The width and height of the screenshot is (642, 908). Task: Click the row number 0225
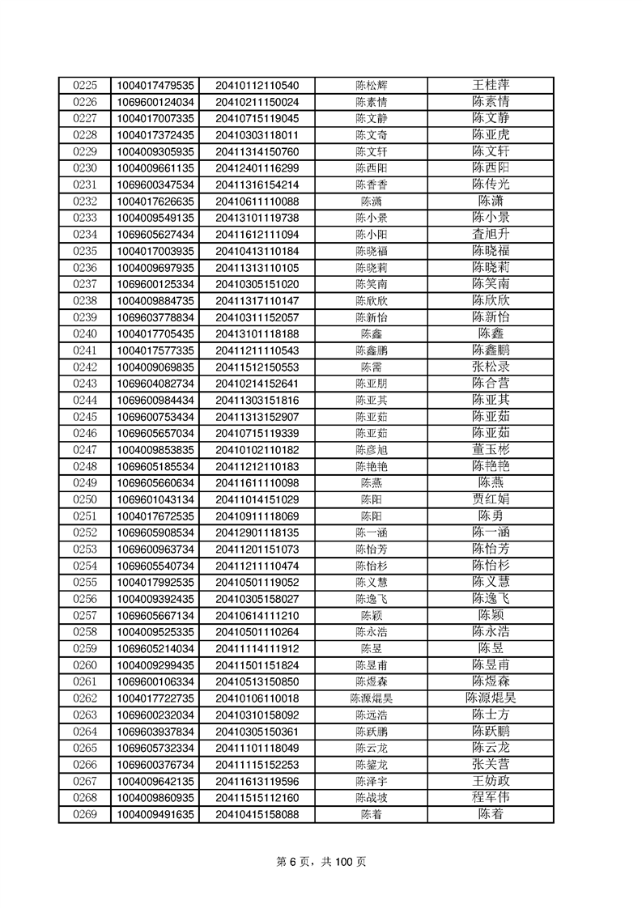coord(84,85)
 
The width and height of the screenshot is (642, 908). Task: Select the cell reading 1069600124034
coord(155,102)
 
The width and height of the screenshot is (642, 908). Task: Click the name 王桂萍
coord(491,85)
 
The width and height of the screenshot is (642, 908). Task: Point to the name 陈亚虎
coord(491,135)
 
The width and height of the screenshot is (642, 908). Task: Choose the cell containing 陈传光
coord(491,185)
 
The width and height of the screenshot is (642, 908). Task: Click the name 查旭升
coord(491,234)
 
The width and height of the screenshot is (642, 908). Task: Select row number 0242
coord(84,367)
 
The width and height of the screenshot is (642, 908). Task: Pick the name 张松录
coord(491,367)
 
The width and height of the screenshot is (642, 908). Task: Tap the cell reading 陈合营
coord(491,384)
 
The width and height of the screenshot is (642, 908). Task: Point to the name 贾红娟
coord(491,499)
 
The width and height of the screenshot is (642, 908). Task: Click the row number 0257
coord(84,615)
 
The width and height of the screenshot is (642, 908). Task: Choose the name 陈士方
coord(491,715)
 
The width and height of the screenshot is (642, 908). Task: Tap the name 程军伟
coord(491,797)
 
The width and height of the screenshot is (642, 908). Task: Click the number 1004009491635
coord(155,814)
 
